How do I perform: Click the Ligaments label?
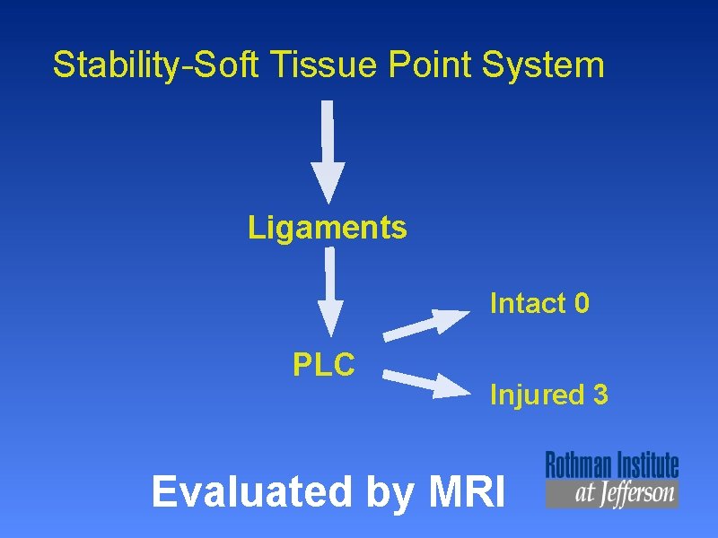[x=328, y=228]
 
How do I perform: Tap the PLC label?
[x=324, y=364]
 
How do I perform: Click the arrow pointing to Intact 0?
[x=427, y=324]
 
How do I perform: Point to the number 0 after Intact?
[x=582, y=304]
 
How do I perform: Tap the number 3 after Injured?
[x=600, y=395]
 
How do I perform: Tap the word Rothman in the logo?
[x=577, y=465]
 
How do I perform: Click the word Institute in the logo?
[x=645, y=465]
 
